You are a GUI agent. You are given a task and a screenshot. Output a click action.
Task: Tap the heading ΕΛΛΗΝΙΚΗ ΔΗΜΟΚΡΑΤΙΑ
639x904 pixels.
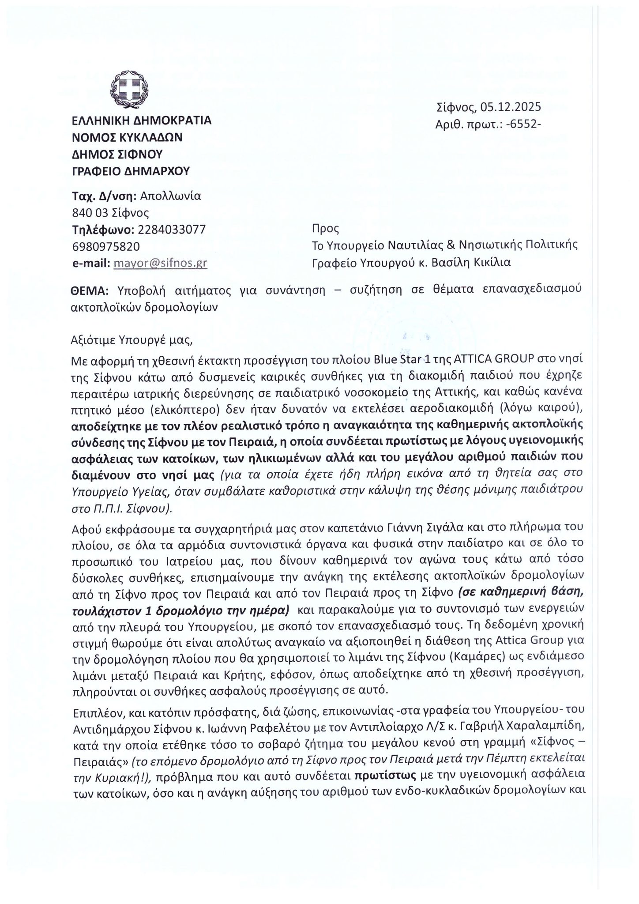141,121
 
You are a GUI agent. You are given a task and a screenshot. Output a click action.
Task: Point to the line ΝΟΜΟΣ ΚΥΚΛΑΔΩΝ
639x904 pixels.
127,137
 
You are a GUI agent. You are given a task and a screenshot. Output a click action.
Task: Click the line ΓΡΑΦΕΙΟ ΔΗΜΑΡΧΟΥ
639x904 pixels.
131,171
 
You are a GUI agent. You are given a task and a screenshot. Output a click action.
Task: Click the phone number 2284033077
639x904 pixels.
172,230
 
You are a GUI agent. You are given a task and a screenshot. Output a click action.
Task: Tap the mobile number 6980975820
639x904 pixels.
106,246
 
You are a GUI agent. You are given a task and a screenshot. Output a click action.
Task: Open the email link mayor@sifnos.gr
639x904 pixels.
161,264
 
